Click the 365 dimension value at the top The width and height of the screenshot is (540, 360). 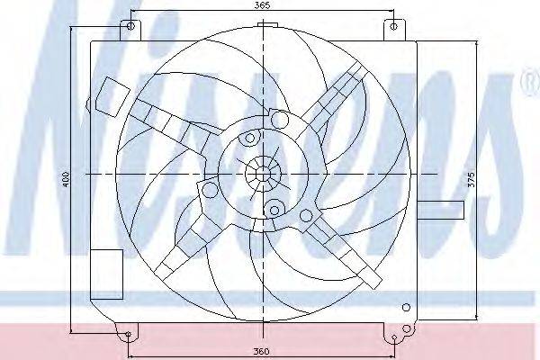(x=263, y=5)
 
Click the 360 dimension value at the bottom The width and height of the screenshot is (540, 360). (x=261, y=351)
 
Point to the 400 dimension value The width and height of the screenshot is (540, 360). (x=67, y=179)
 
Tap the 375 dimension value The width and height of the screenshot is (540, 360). (x=472, y=179)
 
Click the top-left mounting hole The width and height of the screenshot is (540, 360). (x=130, y=26)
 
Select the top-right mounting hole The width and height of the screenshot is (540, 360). (x=394, y=26)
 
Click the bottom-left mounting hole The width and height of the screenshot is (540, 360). (x=128, y=334)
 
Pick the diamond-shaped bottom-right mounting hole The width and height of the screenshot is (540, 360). (x=395, y=337)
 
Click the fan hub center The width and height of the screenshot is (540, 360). (x=263, y=175)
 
